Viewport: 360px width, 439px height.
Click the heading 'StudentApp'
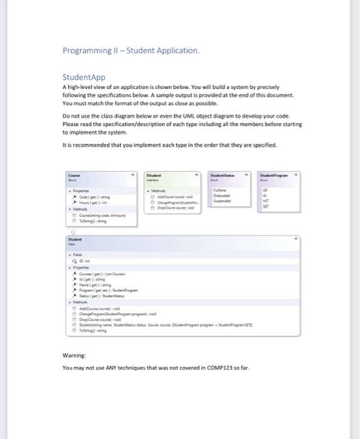coord(84,77)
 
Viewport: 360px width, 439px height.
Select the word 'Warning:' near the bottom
coord(74,356)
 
